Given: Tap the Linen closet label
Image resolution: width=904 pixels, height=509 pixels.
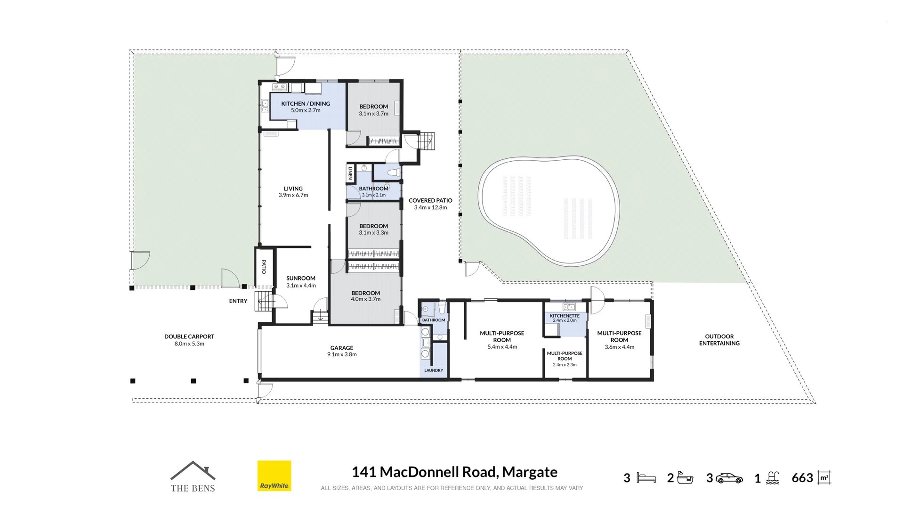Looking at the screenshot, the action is pyautogui.click(x=350, y=173).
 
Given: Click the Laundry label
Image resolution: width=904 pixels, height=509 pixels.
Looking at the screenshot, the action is pyautogui.click(x=434, y=370).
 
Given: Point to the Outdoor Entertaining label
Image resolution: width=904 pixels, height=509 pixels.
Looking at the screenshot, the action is pyautogui.click(x=719, y=340).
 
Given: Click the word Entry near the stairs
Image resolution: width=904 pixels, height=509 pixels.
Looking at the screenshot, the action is pyautogui.click(x=238, y=301).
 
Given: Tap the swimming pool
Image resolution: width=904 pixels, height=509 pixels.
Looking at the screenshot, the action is pyautogui.click(x=549, y=211).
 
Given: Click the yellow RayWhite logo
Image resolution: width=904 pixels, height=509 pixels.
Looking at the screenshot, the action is pyautogui.click(x=274, y=476).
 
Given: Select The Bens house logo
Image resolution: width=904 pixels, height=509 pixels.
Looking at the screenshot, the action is pyautogui.click(x=193, y=476).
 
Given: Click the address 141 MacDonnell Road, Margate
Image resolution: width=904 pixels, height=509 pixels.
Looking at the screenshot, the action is pyautogui.click(x=454, y=472).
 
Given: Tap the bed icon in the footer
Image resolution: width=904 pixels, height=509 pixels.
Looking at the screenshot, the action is pyautogui.click(x=646, y=478).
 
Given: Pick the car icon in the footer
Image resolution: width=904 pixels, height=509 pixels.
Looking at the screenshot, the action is pyautogui.click(x=729, y=478).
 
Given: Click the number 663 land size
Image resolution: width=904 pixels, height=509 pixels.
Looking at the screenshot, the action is pyautogui.click(x=802, y=478).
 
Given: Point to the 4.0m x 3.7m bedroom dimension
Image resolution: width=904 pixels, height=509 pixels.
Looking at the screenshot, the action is pyautogui.click(x=366, y=299).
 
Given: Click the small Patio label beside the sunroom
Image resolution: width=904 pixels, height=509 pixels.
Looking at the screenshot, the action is pyautogui.click(x=264, y=267).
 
